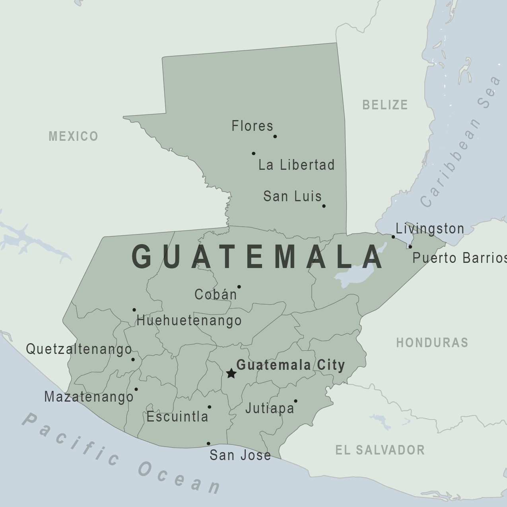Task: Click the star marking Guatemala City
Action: (231, 373)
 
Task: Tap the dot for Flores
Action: (275, 136)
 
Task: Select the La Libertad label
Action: (296, 165)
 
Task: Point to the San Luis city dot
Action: (324, 206)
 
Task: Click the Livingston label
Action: (430, 229)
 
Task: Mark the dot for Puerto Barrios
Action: (410, 247)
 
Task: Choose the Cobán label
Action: (216, 295)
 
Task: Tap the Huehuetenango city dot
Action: (134, 310)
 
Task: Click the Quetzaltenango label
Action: (79, 349)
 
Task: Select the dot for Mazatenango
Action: (136, 389)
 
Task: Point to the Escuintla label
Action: (177, 417)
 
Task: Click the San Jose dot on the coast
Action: (208, 443)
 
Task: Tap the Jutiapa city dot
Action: (295, 401)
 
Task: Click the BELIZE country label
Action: (385, 105)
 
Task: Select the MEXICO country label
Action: (73, 136)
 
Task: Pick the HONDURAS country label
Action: (432, 343)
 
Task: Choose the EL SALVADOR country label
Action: (380, 450)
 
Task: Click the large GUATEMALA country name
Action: (258, 257)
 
